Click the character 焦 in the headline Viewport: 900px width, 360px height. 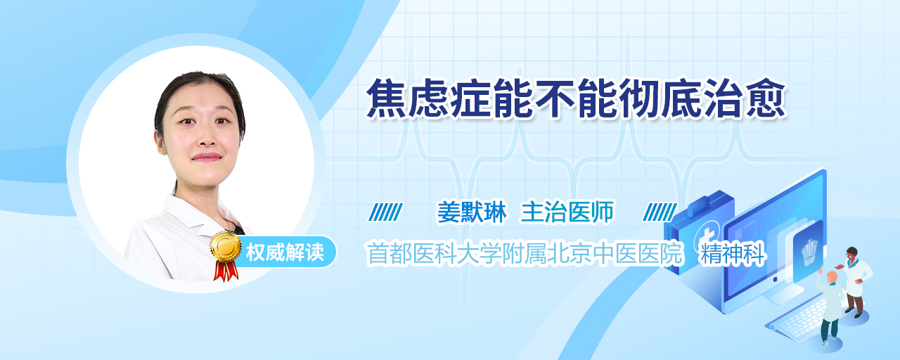[387, 98]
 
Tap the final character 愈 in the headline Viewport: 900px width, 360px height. [766, 98]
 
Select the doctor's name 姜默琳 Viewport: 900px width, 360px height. [472, 212]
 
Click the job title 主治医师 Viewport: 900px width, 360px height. [567, 212]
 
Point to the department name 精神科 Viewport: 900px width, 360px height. [732, 254]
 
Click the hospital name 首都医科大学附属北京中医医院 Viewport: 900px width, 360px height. [525, 253]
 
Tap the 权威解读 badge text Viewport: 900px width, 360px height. [285, 252]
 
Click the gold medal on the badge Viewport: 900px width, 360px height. [226, 245]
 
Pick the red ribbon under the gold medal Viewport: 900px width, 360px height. [226, 270]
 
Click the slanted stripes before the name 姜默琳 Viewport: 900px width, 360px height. [386, 212]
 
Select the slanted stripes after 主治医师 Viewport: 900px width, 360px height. [660, 212]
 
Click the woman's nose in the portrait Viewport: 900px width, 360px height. [207, 136]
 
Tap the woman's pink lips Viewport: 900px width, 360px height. [207, 157]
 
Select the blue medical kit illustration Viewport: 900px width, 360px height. [700, 233]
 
